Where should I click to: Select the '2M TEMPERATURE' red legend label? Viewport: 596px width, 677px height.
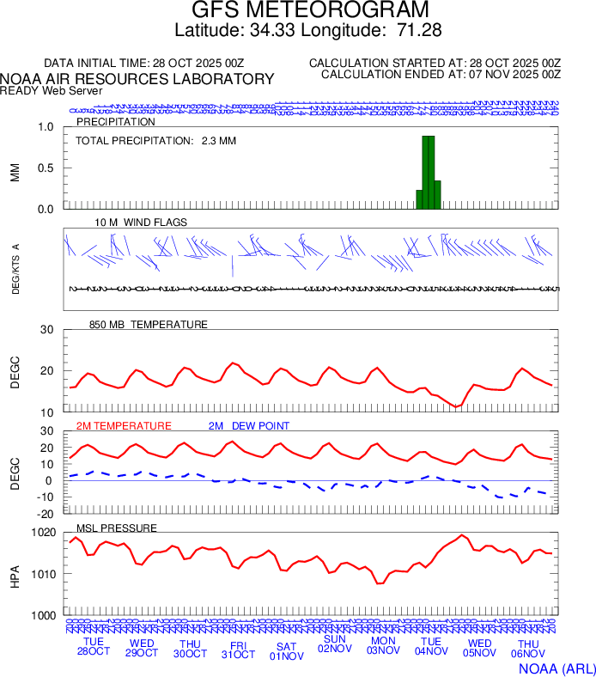click(124, 426)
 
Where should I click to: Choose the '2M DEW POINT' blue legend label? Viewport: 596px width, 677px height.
click(249, 426)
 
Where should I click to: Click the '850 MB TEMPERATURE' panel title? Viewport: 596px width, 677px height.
click(148, 325)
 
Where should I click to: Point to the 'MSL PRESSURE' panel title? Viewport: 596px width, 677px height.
click(116, 528)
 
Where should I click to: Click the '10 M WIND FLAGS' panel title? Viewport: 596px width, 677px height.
click(141, 223)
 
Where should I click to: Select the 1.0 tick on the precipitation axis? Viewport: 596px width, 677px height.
click(46, 127)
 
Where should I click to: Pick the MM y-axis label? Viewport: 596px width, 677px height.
click(15, 172)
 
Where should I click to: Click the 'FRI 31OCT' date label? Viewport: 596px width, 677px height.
click(238, 649)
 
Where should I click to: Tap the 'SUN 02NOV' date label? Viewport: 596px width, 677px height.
click(335, 643)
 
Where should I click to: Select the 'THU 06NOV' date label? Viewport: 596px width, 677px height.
click(528, 649)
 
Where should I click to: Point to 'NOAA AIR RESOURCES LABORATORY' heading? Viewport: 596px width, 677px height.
click(137, 79)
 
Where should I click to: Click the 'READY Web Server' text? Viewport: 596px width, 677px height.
click(52, 90)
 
